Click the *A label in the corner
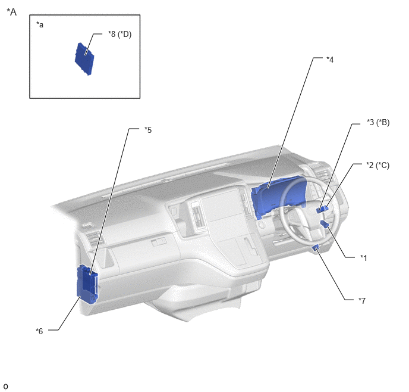pos(11,12)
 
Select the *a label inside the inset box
pos(40,24)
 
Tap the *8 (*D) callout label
pos(119,34)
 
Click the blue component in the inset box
pos(84,59)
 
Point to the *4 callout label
pos(330,60)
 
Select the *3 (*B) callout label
pos(378,122)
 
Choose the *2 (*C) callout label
pos(377,165)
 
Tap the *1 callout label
pos(364,258)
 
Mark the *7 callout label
pos(362,300)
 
